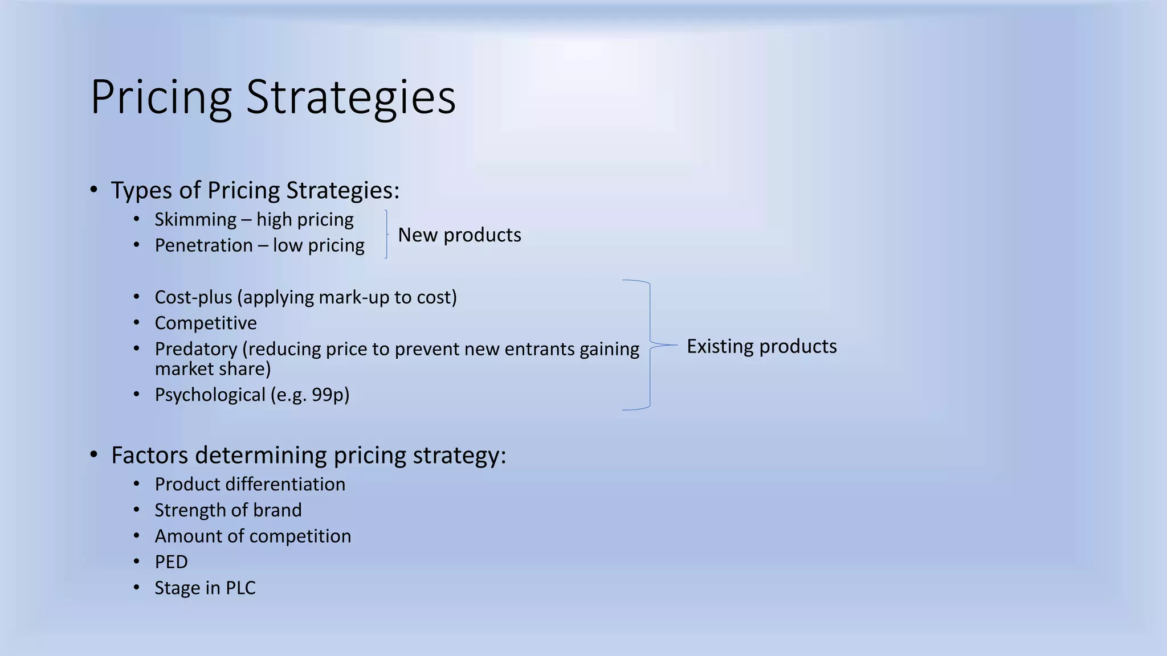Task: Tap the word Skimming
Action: coord(195,220)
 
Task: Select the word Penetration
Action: coord(203,245)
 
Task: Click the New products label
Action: coord(459,235)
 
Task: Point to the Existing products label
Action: coord(761,346)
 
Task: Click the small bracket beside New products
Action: coord(386,235)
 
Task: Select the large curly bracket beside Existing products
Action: coord(650,345)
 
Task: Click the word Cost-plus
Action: coord(193,297)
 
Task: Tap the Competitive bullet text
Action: coord(206,323)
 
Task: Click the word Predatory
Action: coord(196,349)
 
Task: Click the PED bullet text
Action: coord(171,562)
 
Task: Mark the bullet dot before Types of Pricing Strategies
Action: coord(94,190)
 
